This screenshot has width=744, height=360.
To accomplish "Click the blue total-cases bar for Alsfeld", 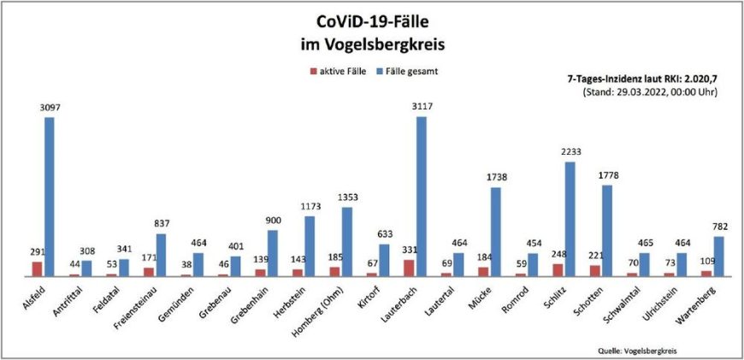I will point(50,196).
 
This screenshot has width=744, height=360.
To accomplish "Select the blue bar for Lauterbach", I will point(421,196).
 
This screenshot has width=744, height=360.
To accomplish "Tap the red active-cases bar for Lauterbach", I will point(409,268).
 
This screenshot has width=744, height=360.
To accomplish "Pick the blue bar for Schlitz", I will point(570,219).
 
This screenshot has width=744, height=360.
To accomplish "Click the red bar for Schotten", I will point(594,270).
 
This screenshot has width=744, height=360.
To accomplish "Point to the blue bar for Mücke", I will point(495,232).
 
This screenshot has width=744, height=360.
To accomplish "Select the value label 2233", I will point(570,152).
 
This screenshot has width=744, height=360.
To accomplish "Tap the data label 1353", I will point(347,198).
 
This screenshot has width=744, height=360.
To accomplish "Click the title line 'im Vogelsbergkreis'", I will point(372,42).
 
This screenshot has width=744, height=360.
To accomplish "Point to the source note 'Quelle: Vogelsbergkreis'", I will point(641,350).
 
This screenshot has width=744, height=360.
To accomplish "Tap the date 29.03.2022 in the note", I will point(640,91).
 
